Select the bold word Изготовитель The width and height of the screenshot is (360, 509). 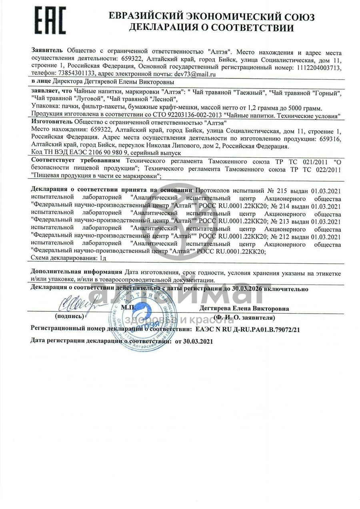52,121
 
